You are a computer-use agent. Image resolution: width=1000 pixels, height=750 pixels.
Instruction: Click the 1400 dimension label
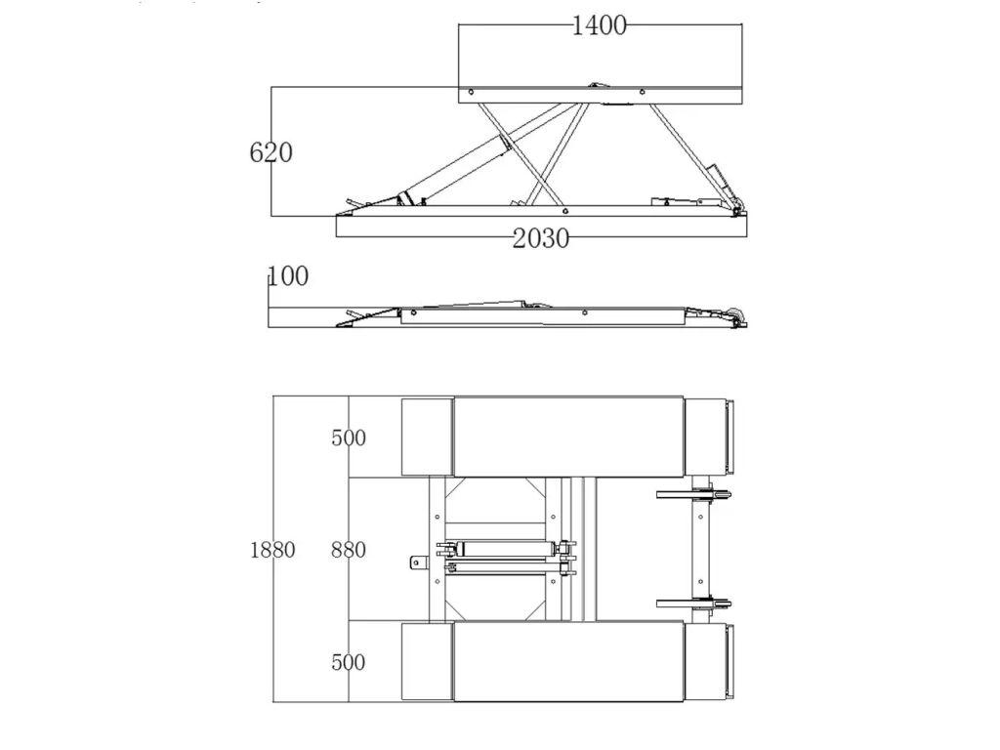pos(599,25)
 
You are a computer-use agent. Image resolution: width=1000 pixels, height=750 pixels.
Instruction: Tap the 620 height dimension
pos(271,152)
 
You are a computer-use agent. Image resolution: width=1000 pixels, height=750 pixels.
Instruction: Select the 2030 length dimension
pos(541,238)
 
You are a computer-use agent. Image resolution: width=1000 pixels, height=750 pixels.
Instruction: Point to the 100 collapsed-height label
pos(288,276)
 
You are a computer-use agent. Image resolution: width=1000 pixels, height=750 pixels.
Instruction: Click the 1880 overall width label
pos(272,550)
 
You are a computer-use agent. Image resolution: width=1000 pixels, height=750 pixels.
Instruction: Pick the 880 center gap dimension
pos(349,550)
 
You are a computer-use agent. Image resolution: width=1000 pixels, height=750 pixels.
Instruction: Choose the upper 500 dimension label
pos(349,437)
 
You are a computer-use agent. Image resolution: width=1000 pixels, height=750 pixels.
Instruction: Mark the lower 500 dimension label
pos(349,662)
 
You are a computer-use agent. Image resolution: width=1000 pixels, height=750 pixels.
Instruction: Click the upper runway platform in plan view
pos(568,437)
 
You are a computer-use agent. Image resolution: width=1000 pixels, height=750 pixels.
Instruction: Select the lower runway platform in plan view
pos(568,662)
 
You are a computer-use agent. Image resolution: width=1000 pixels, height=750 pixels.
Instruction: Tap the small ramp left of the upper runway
pos(428,437)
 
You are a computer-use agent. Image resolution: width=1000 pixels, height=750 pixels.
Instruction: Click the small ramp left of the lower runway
pos(428,662)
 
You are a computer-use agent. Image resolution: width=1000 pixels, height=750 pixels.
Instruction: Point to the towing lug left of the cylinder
pos(418,562)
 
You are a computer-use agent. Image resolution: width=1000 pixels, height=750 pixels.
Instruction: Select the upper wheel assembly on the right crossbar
pos(694,494)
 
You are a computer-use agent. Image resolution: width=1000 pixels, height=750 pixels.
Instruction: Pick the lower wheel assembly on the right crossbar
pos(694,603)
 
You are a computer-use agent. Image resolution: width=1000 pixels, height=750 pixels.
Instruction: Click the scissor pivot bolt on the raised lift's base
pos(564,211)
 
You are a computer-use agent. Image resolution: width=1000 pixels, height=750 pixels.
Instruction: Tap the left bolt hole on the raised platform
pos(472,92)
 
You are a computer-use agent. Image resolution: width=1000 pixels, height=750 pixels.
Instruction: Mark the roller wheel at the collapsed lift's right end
pos(740,316)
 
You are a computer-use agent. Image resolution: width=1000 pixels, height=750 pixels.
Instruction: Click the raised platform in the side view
pos(601,95)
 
